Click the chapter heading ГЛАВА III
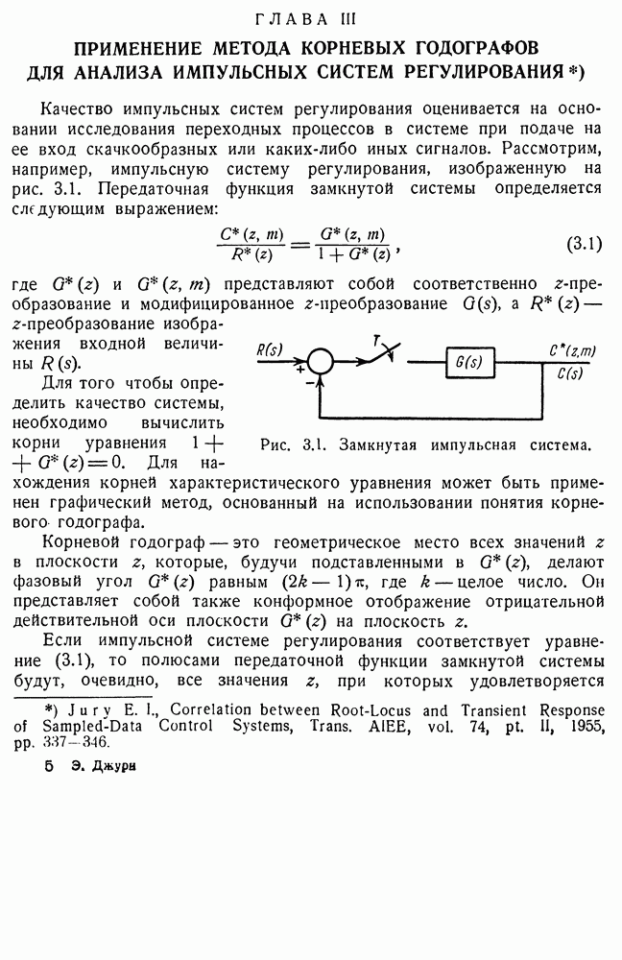tap(311, 18)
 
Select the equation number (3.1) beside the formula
tap(582, 244)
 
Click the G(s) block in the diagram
tap(469, 361)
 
